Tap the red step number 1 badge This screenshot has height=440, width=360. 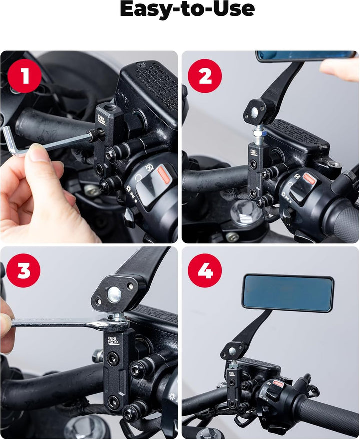[x=24, y=76]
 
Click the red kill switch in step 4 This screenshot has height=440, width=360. [x=278, y=384]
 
